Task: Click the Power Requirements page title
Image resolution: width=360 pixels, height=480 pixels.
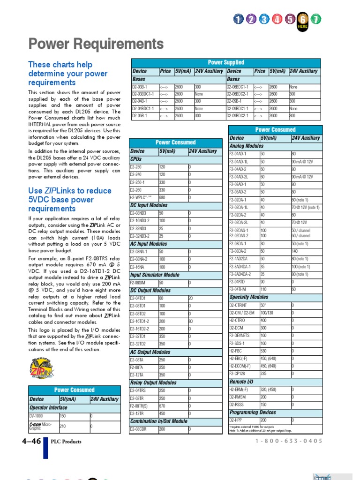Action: tap(96, 45)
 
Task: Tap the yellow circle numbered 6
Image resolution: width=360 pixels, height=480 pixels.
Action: tap(303, 19)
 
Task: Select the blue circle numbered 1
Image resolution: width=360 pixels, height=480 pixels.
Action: tap(239, 19)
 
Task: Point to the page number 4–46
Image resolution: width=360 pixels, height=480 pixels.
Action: tap(31, 441)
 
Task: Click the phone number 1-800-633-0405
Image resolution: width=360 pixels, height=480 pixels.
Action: tap(289, 441)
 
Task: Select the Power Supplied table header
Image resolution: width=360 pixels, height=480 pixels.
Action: tap(226, 62)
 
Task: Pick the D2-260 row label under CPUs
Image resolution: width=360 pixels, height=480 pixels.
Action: tap(136, 190)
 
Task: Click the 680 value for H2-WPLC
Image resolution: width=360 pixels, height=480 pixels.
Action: tap(163, 197)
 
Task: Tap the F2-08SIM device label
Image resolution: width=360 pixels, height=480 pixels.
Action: tap(138, 283)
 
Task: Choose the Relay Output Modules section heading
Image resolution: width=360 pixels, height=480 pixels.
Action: tap(153, 382)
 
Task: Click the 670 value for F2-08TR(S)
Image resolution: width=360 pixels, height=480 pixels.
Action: tap(163, 405)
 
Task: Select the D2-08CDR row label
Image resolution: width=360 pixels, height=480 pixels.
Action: tap(138, 429)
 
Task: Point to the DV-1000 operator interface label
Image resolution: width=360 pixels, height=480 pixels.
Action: tap(36, 416)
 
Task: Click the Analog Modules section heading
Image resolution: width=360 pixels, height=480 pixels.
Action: tap(247, 146)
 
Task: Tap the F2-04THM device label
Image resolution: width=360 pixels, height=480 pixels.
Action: tap(238, 290)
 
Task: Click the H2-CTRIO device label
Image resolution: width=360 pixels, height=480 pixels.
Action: tap(237, 320)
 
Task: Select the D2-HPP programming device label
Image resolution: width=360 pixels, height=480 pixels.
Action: tap(236, 420)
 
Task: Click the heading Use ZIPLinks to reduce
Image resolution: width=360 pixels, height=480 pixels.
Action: tap(70, 191)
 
